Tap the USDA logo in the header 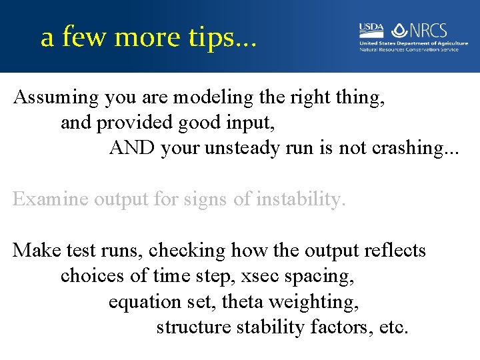371,30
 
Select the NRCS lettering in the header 429,31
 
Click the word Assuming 57,98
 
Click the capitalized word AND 132,148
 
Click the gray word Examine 51,199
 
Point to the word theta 241,301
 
